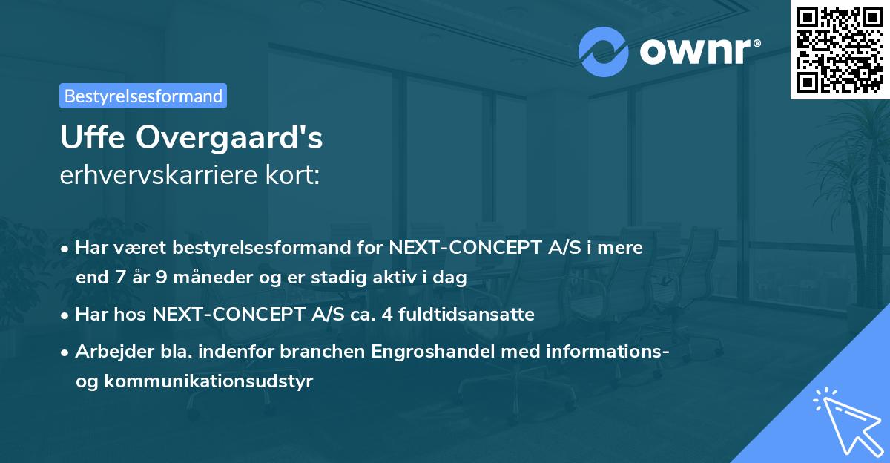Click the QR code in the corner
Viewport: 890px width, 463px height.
pyautogui.click(x=840, y=49)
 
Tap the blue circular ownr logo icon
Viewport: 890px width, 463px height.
pyautogui.click(x=604, y=51)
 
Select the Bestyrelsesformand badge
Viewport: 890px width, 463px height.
pyautogui.click(x=143, y=96)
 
